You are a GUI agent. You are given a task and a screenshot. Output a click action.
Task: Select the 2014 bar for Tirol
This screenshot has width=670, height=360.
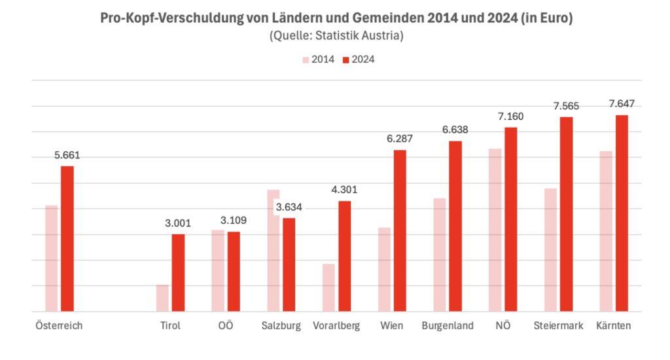tap(162, 298)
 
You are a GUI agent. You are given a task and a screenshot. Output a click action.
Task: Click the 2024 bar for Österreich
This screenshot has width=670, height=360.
tap(67, 239)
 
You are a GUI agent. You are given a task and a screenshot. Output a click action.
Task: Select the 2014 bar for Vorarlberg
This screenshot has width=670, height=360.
tap(328, 288)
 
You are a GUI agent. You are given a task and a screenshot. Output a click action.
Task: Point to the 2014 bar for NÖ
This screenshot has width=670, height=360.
tap(495, 230)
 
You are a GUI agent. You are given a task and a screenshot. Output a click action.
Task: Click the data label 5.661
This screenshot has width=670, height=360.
tap(67, 156)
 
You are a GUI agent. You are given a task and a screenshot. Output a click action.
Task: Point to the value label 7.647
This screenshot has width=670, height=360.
tap(622, 104)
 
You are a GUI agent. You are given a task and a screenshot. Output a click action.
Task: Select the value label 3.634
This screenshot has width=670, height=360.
tap(289, 207)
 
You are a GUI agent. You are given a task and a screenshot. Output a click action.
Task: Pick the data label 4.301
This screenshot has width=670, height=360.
tap(344, 190)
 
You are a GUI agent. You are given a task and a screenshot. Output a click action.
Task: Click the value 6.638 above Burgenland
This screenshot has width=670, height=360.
tap(455, 130)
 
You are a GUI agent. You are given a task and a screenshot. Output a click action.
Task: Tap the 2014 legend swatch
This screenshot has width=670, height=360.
tap(306, 60)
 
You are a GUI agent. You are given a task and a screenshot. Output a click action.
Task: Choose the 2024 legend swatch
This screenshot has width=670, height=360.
tap(346, 60)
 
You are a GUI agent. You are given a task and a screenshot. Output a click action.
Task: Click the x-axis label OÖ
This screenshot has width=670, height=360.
tap(225, 326)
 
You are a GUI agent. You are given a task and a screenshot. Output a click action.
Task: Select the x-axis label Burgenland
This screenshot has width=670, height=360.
tap(448, 326)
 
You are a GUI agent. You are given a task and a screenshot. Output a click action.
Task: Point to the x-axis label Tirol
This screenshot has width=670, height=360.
tap(170, 326)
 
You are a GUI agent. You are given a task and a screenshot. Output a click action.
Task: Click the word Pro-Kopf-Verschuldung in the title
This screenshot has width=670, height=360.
tap(171, 18)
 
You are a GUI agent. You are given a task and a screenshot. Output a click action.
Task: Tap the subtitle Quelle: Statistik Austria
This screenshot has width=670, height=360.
tap(336, 36)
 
